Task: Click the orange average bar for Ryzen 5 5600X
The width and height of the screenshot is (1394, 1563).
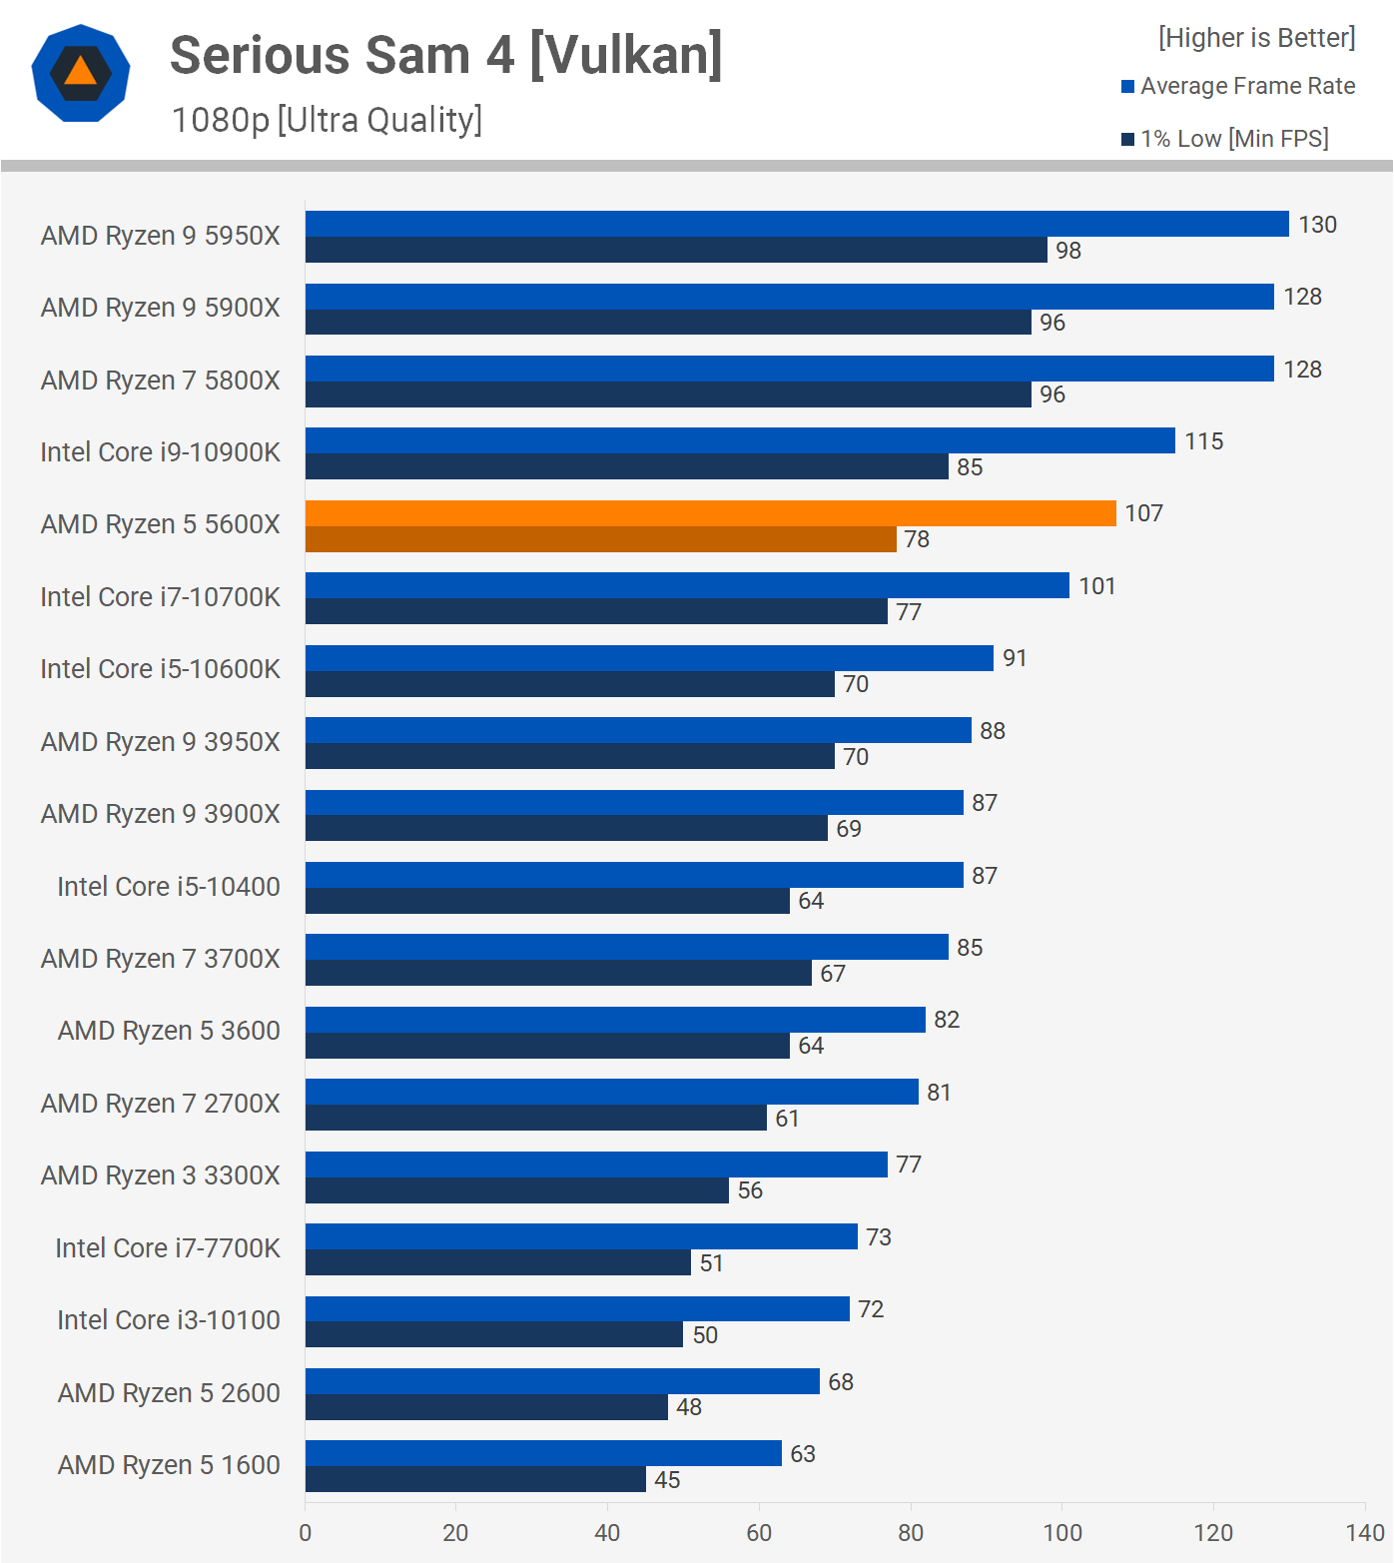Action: [x=710, y=513]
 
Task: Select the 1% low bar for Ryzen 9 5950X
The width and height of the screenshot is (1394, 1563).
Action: [x=676, y=251]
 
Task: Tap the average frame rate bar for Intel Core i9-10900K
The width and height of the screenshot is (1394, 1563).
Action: [x=740, y=440]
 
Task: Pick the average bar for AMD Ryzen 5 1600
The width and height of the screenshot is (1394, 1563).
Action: [x=543, y=1453]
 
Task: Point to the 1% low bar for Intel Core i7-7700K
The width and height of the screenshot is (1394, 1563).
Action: [x=497, y=1263]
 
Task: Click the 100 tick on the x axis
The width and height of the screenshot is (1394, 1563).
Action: [x=1061, y=1533]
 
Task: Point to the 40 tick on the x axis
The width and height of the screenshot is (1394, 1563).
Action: [x=607, y=1533]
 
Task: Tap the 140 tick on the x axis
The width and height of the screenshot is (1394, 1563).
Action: [x=1364, y=1533]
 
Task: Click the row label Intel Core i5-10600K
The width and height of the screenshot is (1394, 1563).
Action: [x=160, y=669]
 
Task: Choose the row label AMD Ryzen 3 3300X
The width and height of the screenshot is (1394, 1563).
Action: [x=160, y=1175]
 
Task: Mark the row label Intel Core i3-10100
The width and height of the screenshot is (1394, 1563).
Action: [x=168, y=1320]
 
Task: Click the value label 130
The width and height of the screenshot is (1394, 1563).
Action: [x=1317, y=225]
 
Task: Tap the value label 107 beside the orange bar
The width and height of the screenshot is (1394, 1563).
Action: [x=1143, y=513]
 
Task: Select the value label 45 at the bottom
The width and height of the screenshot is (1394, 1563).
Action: [x=667, y=1480]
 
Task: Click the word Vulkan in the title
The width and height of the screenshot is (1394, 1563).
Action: [x=625, y=56]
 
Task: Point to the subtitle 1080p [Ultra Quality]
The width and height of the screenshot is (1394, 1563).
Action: [x=327, y=120]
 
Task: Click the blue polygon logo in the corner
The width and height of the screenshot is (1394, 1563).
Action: [x=81, y=73]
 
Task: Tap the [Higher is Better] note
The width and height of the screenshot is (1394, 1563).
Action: [x=1256, y=38]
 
